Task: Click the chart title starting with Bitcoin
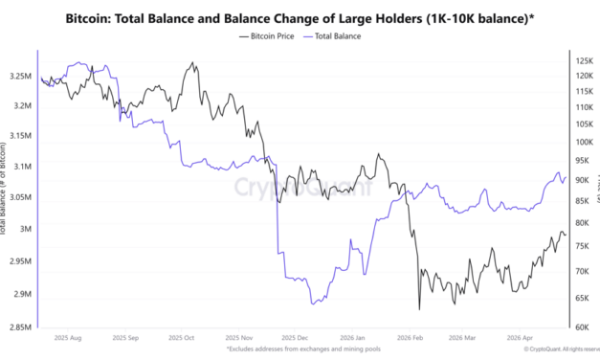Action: (x=300, y=18)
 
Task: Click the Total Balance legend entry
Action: (x=335, y=35)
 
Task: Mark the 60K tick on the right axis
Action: (x=582, y=326)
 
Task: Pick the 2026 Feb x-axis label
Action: (x=411, y=338)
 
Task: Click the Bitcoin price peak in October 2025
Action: (x=194, y=63)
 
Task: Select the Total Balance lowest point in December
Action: (x=312, y=304)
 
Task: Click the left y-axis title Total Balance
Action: (x=5, y=191)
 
